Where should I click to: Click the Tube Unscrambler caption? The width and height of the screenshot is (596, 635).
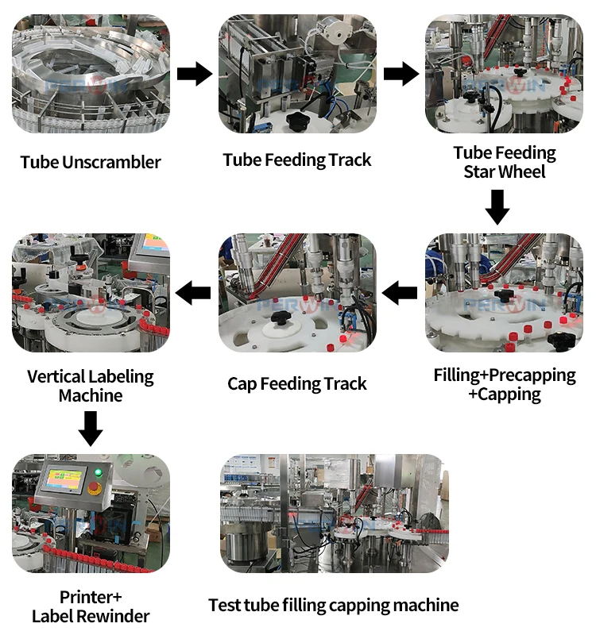(91, 163)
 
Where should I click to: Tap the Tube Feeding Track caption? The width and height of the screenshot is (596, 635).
(297, 160)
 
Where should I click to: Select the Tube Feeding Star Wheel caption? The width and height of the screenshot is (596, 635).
(505, 161)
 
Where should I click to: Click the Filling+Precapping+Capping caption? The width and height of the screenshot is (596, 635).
(505, 384)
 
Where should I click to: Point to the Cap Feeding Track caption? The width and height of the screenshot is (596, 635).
(297, 384)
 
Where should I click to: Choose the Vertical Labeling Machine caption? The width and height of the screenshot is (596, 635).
(91, 386)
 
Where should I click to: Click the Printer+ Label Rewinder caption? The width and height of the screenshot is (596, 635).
(91, 606)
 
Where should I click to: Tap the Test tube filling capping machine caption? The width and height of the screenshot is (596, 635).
(334, 606)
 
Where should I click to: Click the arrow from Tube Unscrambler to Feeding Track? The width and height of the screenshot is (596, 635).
(194, 75)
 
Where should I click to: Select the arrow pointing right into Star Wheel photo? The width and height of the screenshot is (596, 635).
(401, 75)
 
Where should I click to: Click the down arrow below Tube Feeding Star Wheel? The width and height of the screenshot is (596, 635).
(497, 206)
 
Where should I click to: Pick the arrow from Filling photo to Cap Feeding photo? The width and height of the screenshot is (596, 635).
(401, 294)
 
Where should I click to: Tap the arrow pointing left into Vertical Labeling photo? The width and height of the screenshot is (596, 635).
(194, 294)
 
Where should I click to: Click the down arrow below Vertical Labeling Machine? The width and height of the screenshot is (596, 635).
(91, 429)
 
